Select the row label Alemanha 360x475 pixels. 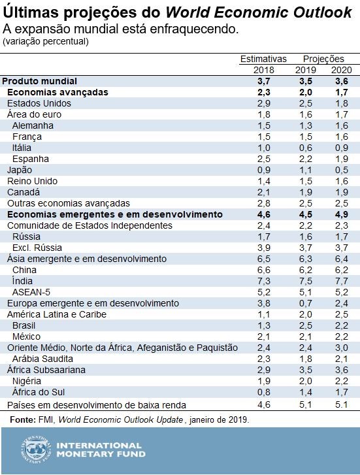[x=33, y=125]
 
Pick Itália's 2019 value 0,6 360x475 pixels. [x=304, y=148]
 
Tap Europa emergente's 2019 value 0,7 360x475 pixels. [x=304, y=303]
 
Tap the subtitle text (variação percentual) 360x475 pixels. [x=46, y=41]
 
